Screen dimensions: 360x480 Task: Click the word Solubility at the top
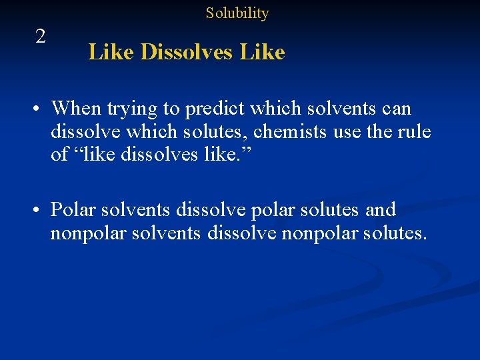pos(237,13)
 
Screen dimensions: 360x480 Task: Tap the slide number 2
pos(41,37)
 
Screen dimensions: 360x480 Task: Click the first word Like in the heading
pos(111,52)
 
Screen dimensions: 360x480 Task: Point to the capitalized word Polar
pos(73,210)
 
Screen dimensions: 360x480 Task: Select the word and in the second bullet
pos(381,210)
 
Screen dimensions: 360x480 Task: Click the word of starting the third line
pos(61,155)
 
